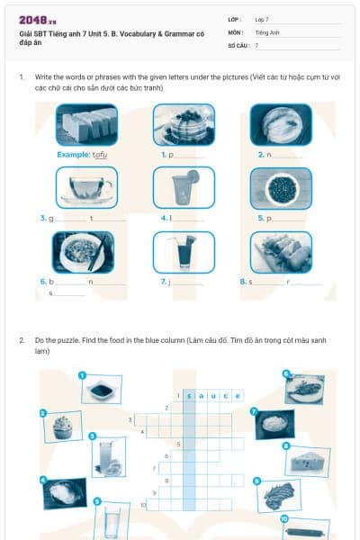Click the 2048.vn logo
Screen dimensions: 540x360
38,20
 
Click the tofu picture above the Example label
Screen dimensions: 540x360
85,125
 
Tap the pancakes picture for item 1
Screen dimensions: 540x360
184,125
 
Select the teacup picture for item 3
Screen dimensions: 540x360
85,188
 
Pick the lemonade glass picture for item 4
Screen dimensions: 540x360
184,188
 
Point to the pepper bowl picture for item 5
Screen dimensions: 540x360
281,188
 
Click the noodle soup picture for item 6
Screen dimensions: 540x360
83,252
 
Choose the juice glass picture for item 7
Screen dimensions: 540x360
184,252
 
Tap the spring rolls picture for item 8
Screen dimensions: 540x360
281,252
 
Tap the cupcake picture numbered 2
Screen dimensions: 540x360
61,427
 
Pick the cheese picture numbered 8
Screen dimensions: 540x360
308,460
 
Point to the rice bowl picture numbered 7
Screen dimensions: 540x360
274,423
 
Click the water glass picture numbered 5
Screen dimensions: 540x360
112,519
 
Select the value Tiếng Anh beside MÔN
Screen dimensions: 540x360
268,31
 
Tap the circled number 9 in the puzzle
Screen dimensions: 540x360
257,481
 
